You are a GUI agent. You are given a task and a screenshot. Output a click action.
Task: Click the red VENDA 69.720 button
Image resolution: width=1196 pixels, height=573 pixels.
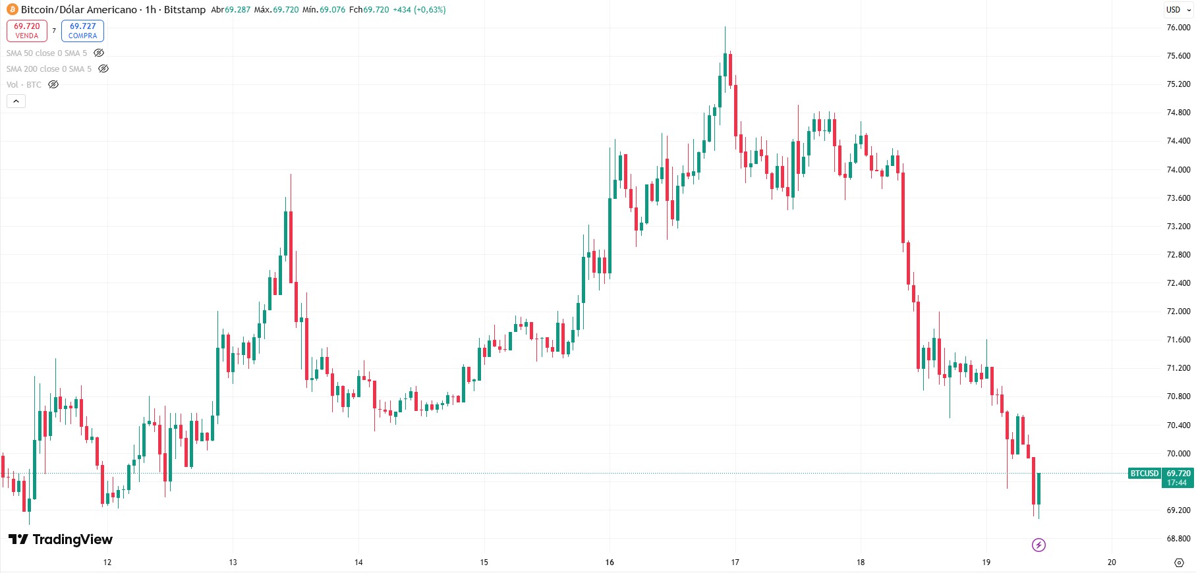[27, 31]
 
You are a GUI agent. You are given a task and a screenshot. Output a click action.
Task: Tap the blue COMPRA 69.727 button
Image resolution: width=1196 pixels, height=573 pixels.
[82, 31]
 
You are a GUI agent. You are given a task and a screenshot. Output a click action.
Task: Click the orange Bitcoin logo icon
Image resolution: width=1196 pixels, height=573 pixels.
[12, 10]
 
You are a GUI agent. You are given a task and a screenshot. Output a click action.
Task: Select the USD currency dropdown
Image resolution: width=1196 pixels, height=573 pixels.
[1178, 10]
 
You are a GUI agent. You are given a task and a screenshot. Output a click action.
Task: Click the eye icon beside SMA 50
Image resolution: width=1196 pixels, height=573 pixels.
[99, 53]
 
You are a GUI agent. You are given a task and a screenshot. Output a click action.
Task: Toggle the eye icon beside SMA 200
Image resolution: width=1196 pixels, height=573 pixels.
[103, 68]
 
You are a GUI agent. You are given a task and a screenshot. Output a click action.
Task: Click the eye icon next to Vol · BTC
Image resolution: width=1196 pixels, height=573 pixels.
[53, 84]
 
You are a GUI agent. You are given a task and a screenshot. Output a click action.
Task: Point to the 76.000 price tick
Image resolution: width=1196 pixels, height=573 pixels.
[1178, 28]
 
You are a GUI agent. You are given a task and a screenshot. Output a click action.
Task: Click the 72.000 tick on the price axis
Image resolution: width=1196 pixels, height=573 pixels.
[1178, 312]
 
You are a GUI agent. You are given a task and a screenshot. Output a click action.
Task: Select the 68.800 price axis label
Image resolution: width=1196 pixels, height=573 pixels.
[1178, 539]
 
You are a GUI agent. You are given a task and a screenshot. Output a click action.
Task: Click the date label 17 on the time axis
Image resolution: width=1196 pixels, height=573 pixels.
[735, 562]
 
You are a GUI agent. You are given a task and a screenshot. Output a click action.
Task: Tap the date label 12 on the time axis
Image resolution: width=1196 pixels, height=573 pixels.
[107, 562]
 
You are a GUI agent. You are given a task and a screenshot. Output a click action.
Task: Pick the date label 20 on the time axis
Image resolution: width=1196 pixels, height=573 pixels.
[1112, 562]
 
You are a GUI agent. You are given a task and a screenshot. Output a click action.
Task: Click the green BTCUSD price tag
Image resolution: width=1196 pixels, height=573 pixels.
[1145, 474]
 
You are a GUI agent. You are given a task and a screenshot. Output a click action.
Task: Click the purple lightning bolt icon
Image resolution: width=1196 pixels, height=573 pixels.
[1039, 545]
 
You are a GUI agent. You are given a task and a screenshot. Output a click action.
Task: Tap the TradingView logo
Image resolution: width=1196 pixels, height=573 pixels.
[61, 539]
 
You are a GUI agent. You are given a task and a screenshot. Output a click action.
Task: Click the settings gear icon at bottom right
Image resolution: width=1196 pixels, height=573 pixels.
[1179, 562]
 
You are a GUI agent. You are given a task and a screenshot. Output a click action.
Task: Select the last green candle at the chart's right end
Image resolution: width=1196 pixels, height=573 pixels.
[1039, 489]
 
